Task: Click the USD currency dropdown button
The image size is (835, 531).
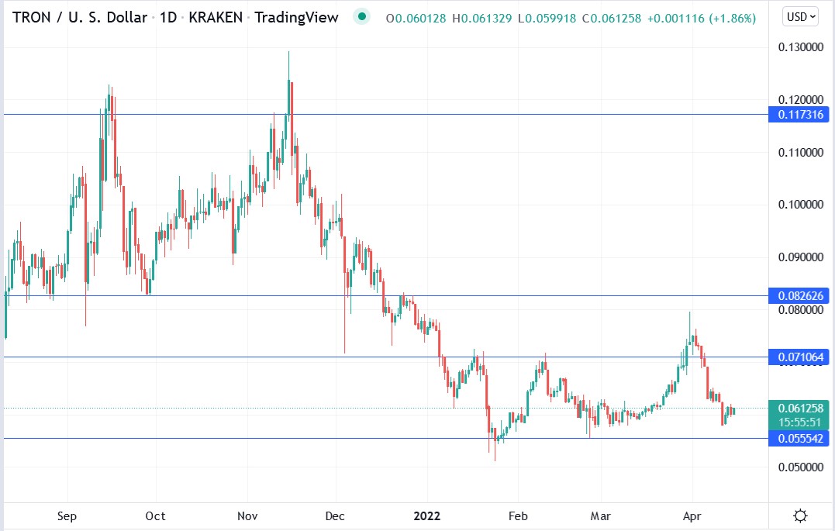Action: click(802, 16)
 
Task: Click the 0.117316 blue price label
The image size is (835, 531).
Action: click(799, 115)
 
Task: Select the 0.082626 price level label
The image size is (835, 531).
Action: click(799, 295)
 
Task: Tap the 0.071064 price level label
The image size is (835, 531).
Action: click(799, 357)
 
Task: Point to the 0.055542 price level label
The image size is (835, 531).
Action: click(799, 439)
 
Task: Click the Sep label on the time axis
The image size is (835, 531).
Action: click(67, 515)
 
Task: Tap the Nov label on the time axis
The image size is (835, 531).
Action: click(247, 515)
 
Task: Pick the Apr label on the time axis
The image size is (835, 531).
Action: click(691, 515)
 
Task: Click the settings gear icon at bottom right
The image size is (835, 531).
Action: click(802, 515)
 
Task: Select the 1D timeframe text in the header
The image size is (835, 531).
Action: click(167, 17)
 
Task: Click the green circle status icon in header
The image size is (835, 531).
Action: click(361, 16)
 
